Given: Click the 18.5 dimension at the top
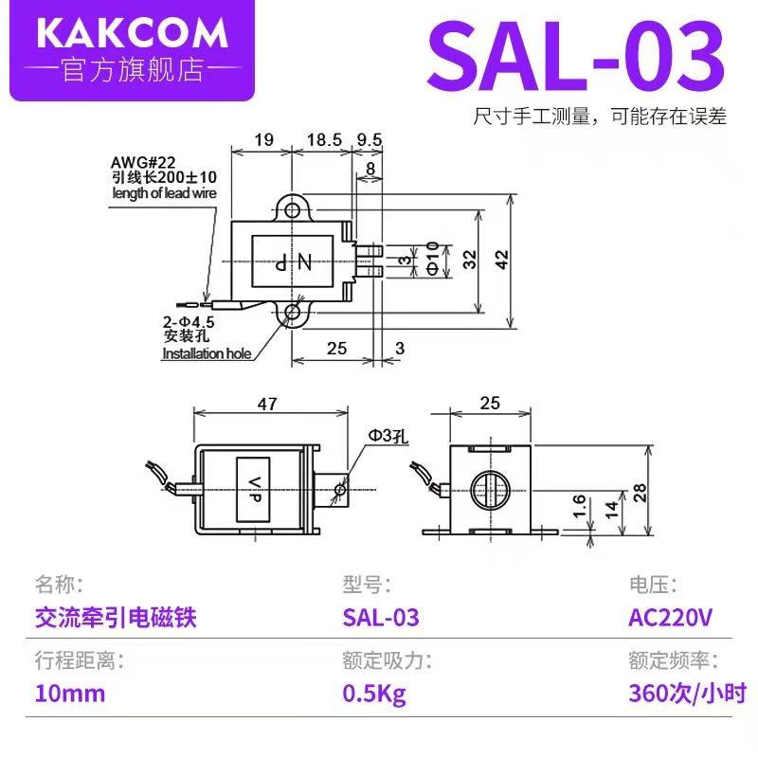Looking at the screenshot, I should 324,139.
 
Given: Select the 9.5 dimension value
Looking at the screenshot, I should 370,139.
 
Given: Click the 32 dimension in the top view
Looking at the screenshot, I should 469,260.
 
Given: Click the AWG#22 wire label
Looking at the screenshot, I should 135,161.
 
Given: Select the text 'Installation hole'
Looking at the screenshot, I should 207,353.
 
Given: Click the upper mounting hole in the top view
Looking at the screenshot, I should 293,208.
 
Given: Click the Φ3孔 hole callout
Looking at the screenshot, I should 387,436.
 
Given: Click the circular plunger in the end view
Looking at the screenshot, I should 490,489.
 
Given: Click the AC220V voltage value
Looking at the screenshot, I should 670,618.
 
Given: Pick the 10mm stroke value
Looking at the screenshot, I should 69,693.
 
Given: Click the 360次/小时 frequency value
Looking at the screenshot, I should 687,693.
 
